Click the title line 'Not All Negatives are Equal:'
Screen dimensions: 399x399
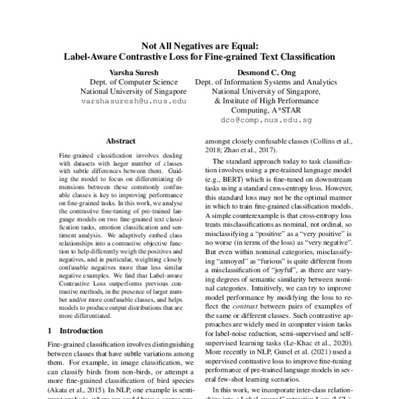click(199, 45)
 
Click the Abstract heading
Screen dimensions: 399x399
click(120, 142)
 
